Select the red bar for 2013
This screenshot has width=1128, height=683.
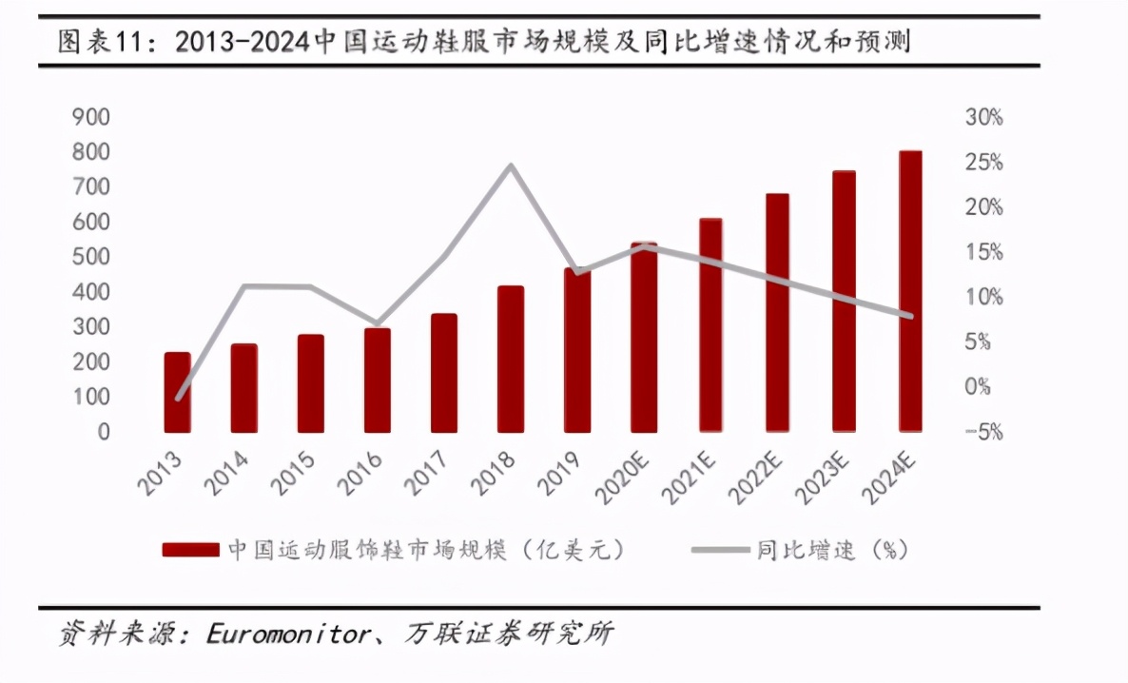tap(177, 392)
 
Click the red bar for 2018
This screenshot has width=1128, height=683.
tap(511, 359)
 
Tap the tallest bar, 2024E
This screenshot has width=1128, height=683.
tap(910, 291)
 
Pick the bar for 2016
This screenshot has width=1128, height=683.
tap(378, 380)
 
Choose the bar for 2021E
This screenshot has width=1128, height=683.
tap(710, 324)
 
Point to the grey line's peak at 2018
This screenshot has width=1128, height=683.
tap(511, 166)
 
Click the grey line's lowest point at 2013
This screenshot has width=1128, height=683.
tap(178, 399)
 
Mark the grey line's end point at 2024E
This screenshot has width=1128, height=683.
tap(910, 316)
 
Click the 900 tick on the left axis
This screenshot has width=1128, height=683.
tap(91, 117)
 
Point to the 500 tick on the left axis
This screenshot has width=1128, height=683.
tap(91, 257)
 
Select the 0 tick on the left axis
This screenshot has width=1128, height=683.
tap(103, 432)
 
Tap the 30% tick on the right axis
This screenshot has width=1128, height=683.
tap(983, 118)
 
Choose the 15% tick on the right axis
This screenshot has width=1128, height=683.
tap(983, 252)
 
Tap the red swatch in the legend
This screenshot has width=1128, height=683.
tap(191, 551)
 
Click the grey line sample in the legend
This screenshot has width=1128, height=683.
tap(719, 551)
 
